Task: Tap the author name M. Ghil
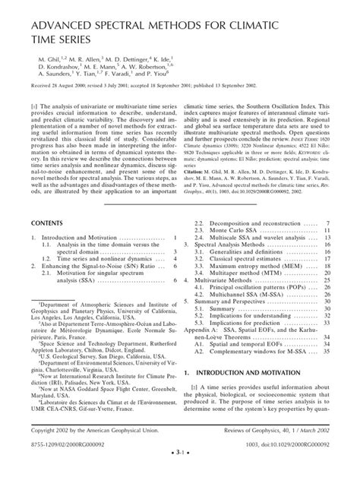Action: [52, 58]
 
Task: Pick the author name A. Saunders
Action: [53, 84]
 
